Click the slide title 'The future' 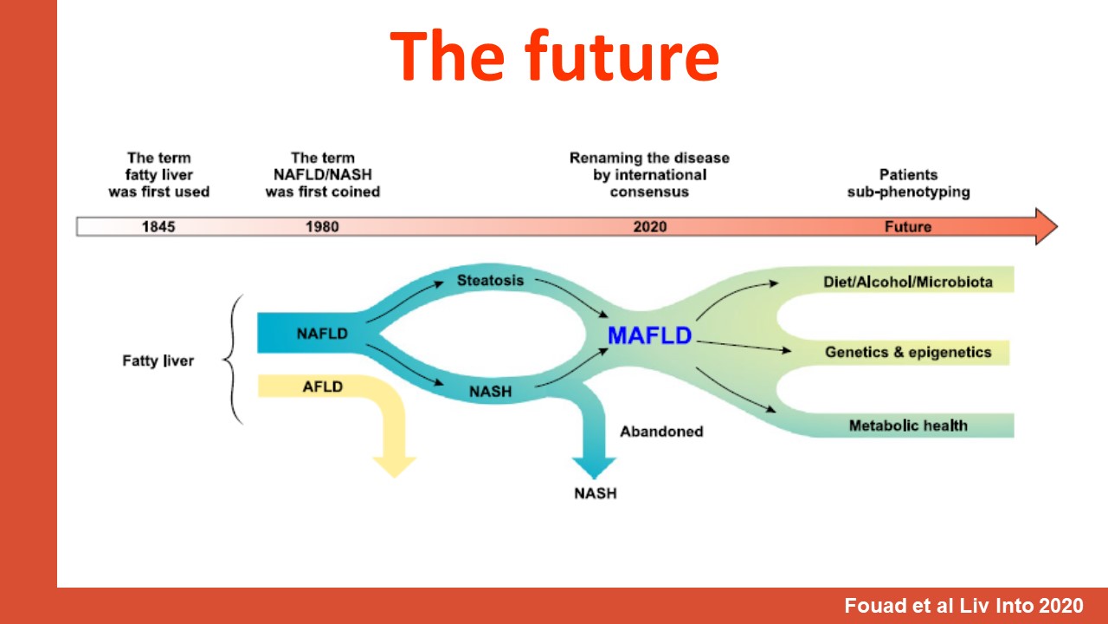555,55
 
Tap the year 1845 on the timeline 158,227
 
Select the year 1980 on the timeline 322,227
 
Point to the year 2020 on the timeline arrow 650,227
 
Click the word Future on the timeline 908,227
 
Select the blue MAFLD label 649,335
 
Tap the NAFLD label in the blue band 322,334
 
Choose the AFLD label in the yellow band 323,387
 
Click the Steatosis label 490,280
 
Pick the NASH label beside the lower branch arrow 490,392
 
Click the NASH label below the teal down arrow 595,493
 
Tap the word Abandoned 661,432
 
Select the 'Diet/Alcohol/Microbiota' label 908,282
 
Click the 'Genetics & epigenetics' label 908,352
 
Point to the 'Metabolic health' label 908,426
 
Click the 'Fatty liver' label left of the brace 158,361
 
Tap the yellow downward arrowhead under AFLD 394,466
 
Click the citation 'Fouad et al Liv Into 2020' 963,606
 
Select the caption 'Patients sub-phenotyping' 908,183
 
